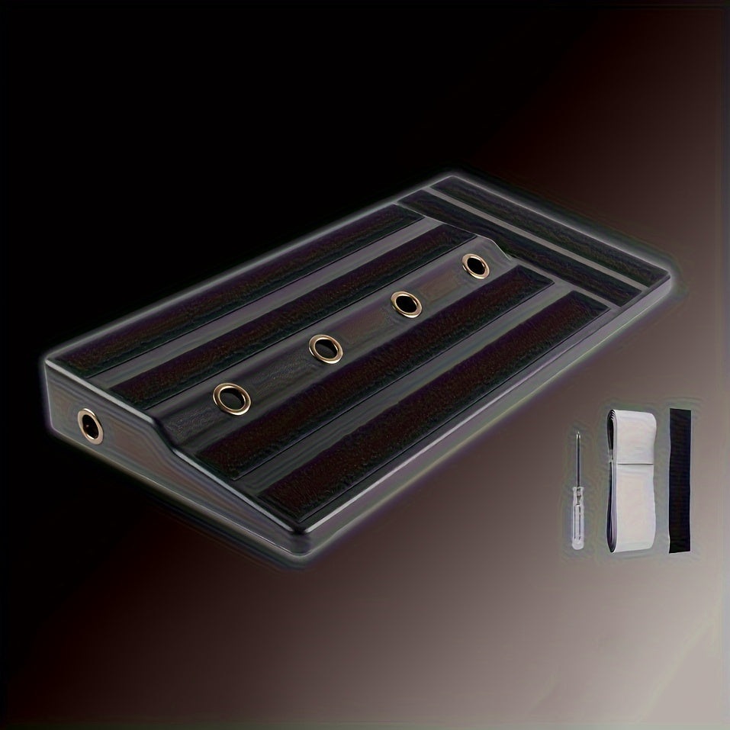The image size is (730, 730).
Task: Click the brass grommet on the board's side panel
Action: click(x=88, y=423)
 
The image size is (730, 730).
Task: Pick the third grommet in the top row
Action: click(x=406, y=304)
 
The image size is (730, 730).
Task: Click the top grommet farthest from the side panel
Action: click(x=476, y=266)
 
